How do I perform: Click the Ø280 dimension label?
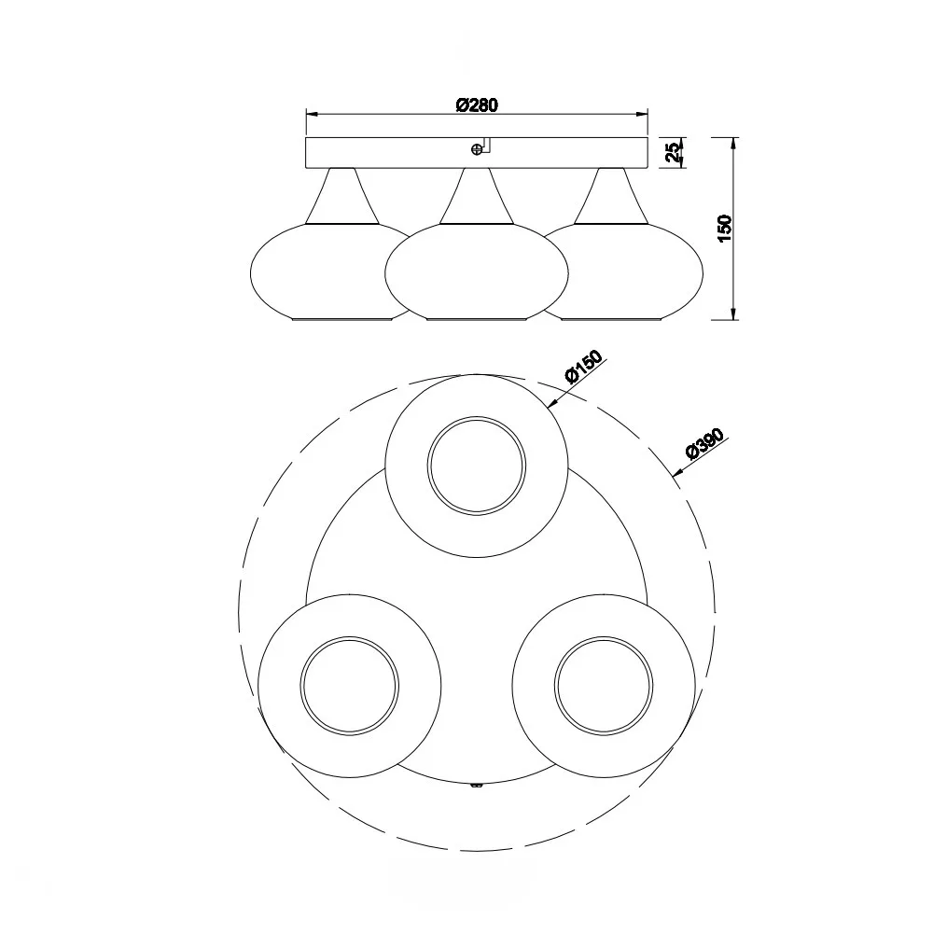pyautogui.click(x=477, y=105)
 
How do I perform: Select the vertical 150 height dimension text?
pyautogui.click(x=724, y=228)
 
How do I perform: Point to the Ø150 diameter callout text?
pyautogui.click(x=584, y=367)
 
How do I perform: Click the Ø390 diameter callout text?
pyautogui.click(x=705, y=444)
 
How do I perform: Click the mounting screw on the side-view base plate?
pyautogui.click(x=476, y=150)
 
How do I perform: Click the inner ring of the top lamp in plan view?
pyautogui.click(x=477, y=416)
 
